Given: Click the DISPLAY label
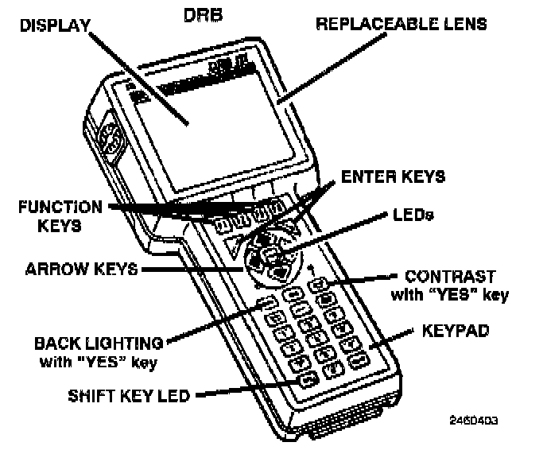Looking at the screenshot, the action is pos(55,26).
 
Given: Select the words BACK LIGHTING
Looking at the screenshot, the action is pos(99,343).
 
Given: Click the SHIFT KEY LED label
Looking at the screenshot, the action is pos(117,394).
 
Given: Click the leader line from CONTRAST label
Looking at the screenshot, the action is pos(358,279).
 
